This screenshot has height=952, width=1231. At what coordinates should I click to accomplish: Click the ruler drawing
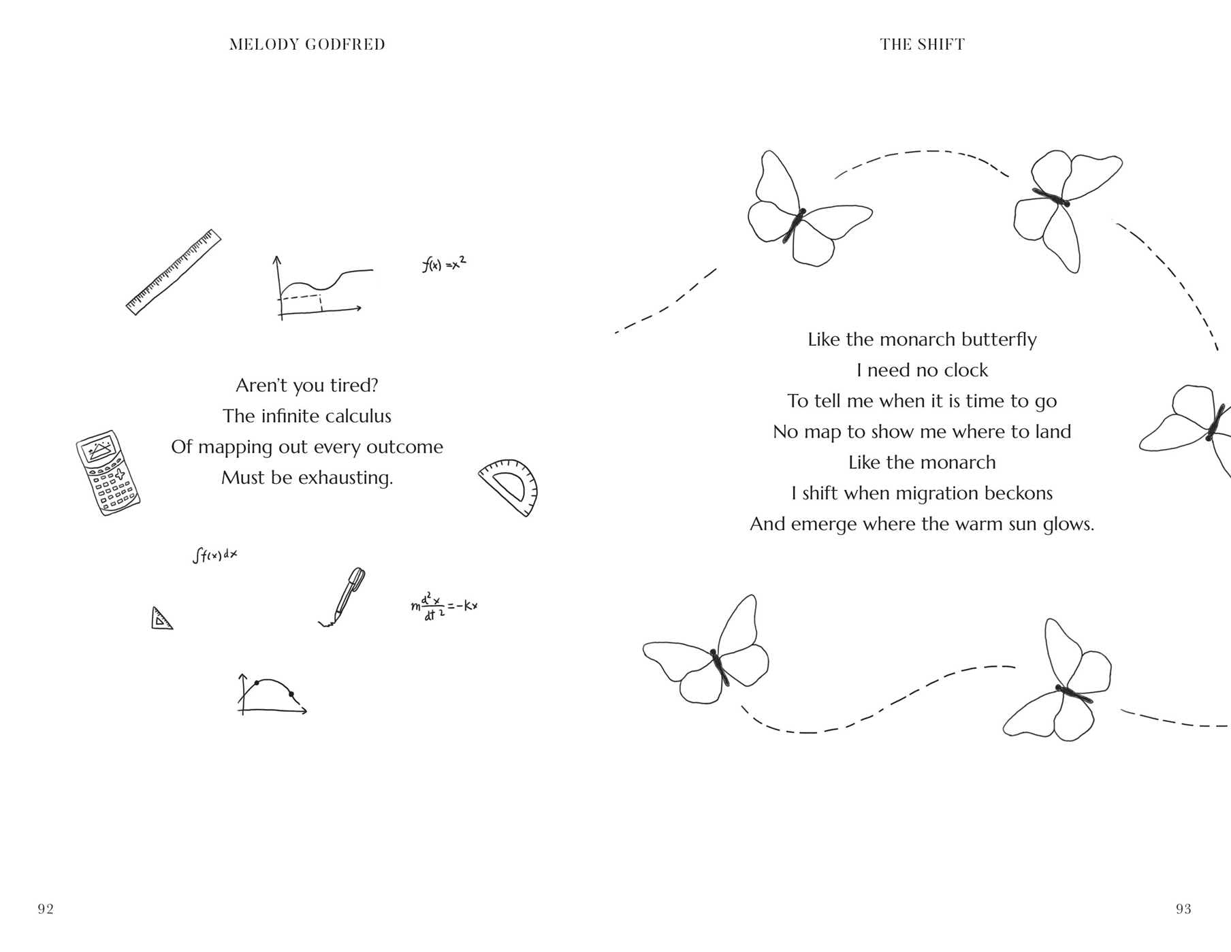pos(174,272)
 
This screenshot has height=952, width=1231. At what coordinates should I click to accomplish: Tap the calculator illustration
pos(108,472)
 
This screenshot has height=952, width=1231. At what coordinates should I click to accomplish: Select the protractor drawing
pos(510,487)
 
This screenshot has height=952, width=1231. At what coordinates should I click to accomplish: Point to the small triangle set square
pos(161,619)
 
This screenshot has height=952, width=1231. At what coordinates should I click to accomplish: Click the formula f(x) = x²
pos(444,264)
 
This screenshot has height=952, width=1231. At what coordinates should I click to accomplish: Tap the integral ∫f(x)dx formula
pos(215,555)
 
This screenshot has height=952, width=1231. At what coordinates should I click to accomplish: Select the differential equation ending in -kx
pos(444,606)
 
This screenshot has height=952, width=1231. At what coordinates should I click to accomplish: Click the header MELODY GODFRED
pos(307,45)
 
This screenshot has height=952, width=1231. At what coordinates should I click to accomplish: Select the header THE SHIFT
pos(922,45)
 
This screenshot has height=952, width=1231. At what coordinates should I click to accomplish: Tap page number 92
pos(46,909)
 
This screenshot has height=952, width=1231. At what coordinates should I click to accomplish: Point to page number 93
pos(1183,909)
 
